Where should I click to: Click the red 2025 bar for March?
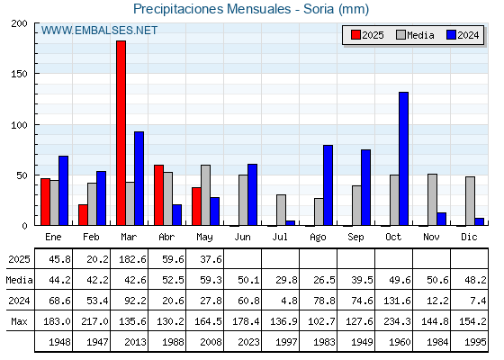[x=121, y=133]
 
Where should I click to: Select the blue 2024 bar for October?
[x=404, y=158]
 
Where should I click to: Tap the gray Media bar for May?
[x=206, y=195]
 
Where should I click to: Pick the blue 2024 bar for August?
[x=328, y=185]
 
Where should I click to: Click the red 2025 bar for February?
[x=83, y=215]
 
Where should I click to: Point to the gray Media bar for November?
[x=432, y=200]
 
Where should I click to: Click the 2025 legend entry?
[x=368, y=35]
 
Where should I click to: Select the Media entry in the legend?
[x=415, y=35]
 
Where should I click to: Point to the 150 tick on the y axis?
[x=19, y=74]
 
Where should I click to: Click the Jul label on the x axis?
[x=280, y=237]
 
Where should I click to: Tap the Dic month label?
[x=469, y=237]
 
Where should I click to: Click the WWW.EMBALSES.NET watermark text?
[x=99, y=31]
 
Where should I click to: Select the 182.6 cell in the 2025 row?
[x=133, y=259]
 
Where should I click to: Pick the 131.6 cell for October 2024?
[x=397, y=301]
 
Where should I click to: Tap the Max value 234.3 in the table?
[x=397, y=321]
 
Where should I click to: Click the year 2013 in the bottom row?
[x=135, y=342]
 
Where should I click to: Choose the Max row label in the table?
[x=19, y=321]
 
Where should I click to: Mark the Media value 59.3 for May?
[x=211, y=280]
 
